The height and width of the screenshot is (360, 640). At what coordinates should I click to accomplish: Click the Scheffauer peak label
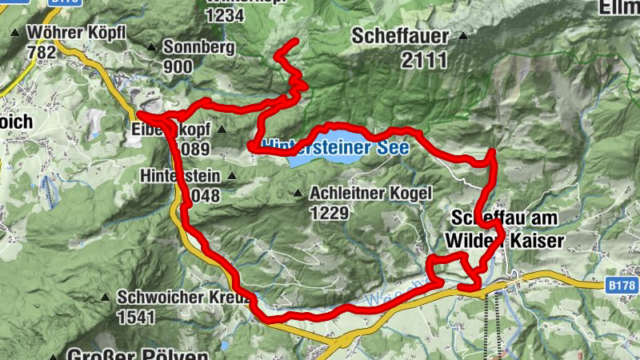398,36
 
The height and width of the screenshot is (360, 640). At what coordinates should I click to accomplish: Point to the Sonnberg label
198,47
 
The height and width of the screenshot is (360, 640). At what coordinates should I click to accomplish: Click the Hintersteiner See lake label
336,148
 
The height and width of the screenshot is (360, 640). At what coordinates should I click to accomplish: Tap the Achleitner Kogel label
370,193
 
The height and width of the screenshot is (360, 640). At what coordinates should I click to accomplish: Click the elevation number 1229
328,213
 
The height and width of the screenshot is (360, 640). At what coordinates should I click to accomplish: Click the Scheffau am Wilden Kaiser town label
505,229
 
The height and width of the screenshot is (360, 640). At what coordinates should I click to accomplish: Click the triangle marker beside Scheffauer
462,36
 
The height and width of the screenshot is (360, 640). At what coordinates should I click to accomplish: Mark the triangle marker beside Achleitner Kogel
298,193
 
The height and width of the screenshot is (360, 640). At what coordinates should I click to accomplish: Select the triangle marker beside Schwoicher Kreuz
105,297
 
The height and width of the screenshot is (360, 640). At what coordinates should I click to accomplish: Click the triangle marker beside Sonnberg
151,47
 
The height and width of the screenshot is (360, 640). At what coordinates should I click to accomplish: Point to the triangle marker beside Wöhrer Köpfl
15,34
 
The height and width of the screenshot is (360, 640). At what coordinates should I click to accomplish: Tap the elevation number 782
41,53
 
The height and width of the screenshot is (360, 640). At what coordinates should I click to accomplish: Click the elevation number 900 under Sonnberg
178,66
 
